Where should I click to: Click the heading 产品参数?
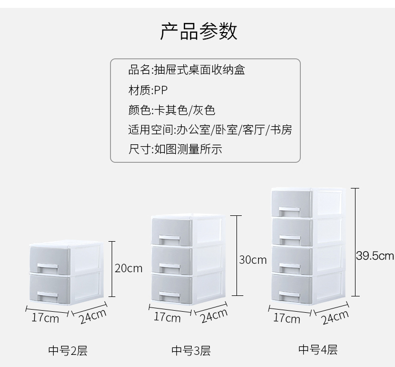click(x=199, y=32)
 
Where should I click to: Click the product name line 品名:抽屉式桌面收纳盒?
click(x=186, y=70)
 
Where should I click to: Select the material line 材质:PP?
click(x=148, y=90)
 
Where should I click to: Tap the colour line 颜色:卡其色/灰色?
click(x=172, y=110)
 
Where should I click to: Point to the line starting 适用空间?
click(x=210, y=130)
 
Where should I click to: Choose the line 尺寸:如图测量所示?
click(x=175, y=149)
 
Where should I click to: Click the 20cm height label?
click(x=129, y=269)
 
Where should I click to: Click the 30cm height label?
click(x=253, y=260)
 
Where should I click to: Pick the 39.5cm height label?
click(x=375, y=256)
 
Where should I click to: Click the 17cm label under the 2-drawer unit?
click(x=45, y=318)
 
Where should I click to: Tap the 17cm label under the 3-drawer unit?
click(x=167, y=317)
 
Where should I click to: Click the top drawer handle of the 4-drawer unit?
click(x=289, y=212)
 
